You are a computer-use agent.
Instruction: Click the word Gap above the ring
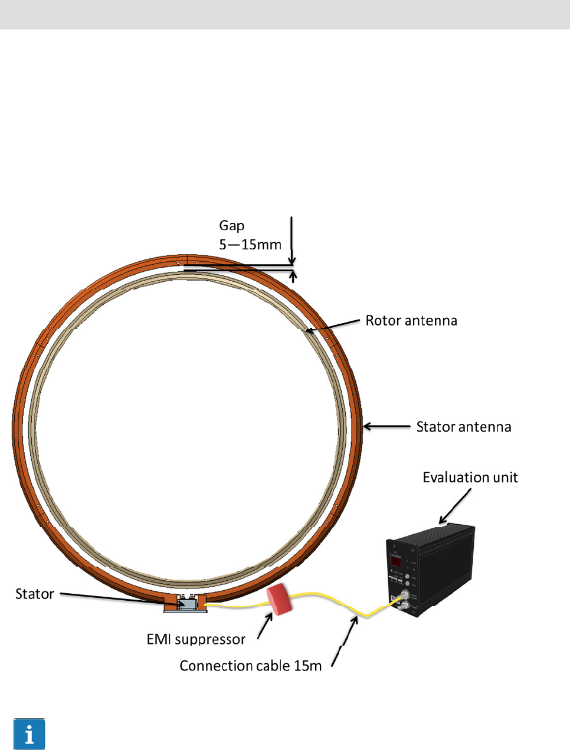coord(232,225)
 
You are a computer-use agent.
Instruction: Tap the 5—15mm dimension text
coord(250,244)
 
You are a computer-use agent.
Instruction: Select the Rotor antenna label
coord(411,321)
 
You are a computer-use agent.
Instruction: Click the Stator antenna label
coord(464,427)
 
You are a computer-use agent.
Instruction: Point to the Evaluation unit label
coord(470,478)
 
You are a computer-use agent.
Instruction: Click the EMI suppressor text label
coord(196,639)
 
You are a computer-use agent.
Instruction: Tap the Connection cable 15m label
coord(251,666)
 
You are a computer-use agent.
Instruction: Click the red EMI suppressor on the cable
coord(280,599)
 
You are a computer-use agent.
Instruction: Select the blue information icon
coord(29,734)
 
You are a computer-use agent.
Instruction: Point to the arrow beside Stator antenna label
coord(386,426)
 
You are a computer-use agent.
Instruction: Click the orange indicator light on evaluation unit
coord(391,571)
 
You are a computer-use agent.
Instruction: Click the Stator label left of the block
coord(35,594)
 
